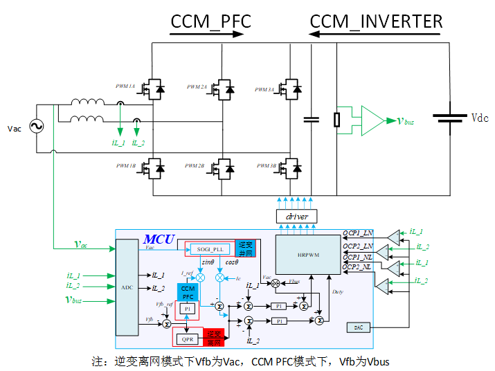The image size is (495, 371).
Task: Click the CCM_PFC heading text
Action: tap(210, 21)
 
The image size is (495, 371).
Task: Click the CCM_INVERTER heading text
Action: tap(376, 21)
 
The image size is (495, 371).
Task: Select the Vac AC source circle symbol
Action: tap(33, 128)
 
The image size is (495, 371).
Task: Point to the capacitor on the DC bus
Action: tap(312, 119)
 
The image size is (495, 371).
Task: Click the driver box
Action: tap(296, 217)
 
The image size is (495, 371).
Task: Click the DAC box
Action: tap(359, 327)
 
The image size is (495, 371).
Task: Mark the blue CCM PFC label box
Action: tap(188, 292)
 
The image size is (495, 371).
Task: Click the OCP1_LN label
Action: tap(358, 233)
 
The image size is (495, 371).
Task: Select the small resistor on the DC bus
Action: tap(337, 119)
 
